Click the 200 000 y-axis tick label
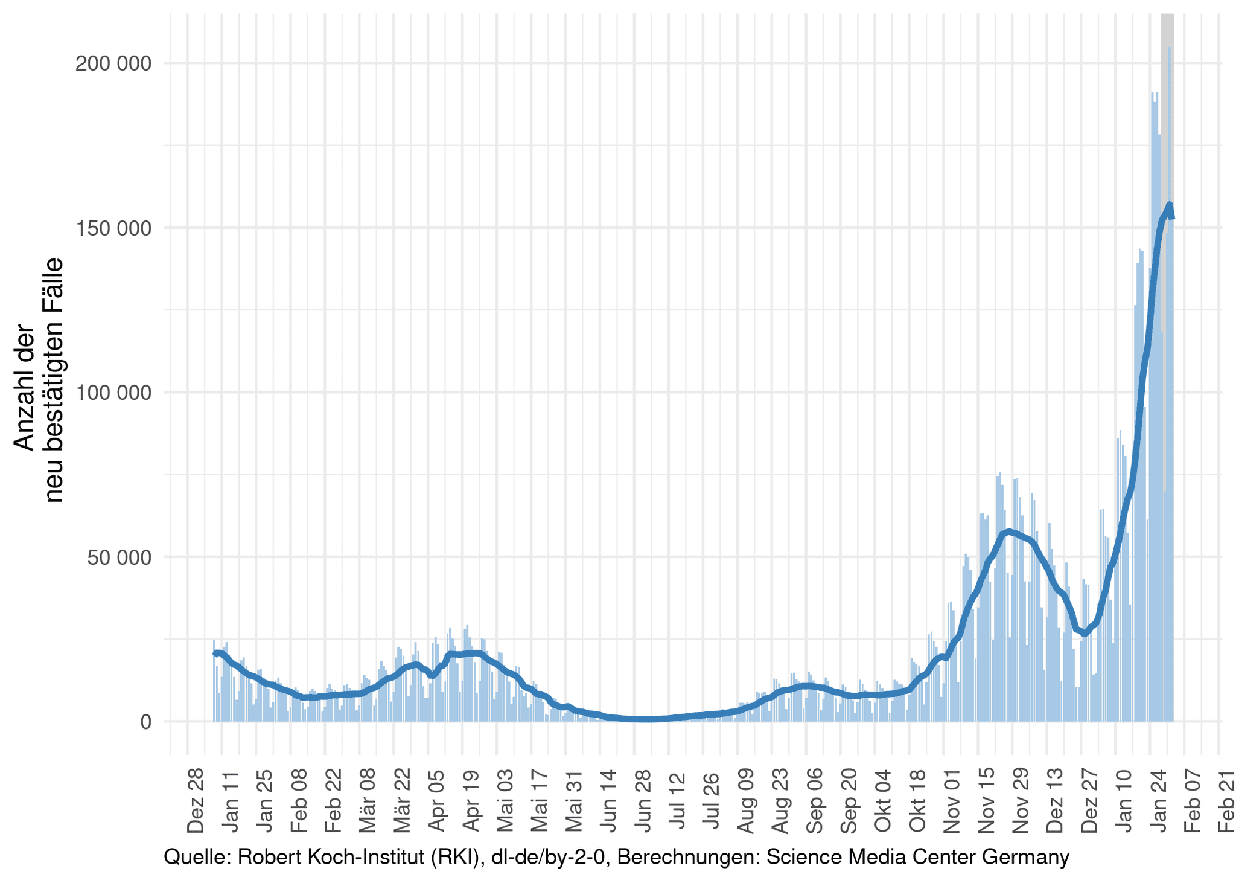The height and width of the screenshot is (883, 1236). (113, 63)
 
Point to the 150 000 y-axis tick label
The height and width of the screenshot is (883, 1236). (113, 228)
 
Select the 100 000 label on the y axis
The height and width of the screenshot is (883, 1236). (113, 393)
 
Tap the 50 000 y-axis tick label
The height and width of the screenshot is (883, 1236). (119, 557)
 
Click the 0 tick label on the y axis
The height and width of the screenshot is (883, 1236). (146, 722)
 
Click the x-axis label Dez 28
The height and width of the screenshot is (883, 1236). (196, 800)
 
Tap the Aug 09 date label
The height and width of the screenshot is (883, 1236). (747, 800)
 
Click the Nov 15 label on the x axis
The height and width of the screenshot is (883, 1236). (987, 800)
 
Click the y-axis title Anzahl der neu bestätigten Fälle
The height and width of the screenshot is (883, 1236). (39, 380)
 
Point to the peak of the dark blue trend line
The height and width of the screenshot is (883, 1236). (1170, 205)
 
